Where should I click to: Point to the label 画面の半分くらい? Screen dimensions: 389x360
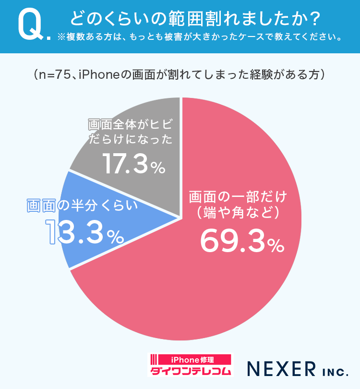pos(82,205)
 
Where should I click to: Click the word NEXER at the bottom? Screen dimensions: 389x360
pos(280,368)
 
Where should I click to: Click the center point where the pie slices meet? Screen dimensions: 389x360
pos(181,219)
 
